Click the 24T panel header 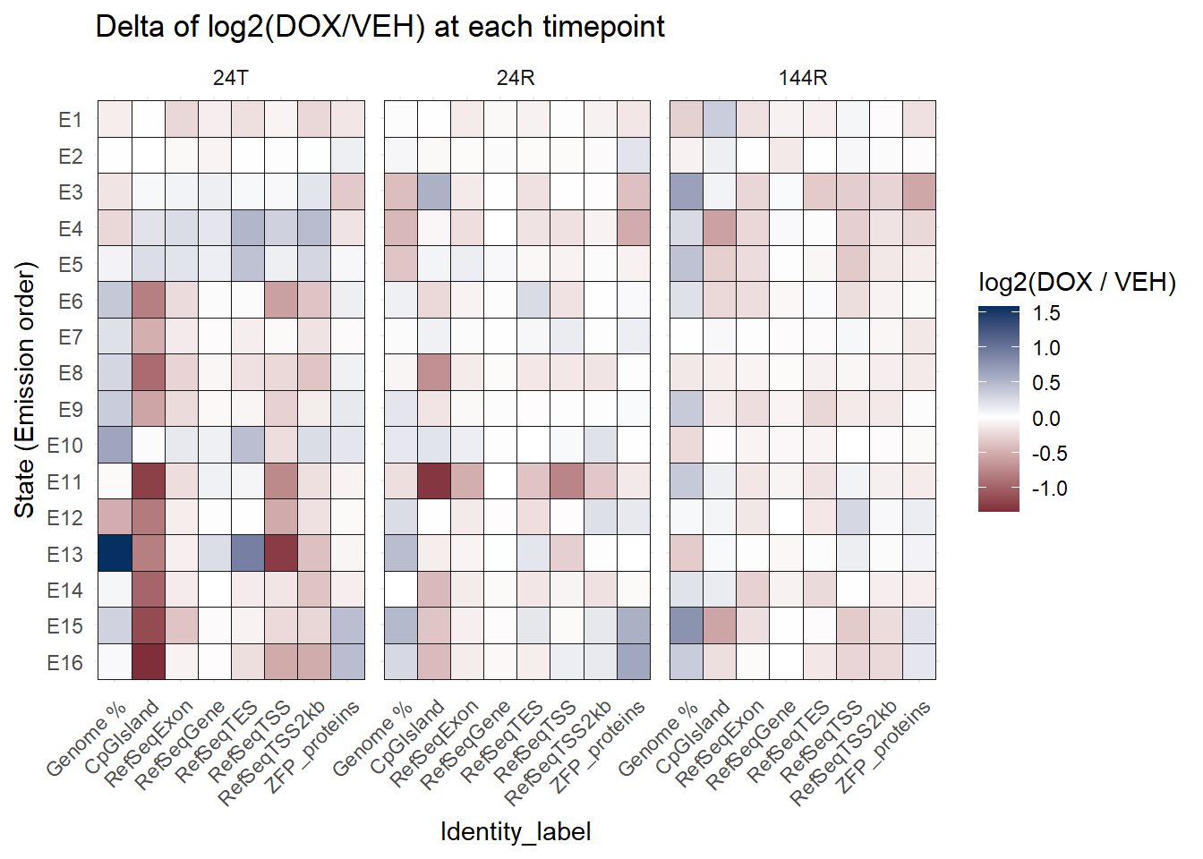(231, 78)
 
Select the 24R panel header (516, 78)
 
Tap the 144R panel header (803, 78)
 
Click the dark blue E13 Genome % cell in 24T (115, 553)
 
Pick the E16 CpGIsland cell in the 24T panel (149, 661)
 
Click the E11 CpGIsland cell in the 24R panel (434, 481)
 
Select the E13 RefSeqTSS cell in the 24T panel (281, 553)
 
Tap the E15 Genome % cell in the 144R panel (687, 625)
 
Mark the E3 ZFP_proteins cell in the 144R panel (919, 191)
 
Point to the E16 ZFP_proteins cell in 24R (634, 661)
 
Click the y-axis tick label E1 (70, 120)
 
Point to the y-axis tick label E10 (64, 446)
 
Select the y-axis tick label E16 (64, 662)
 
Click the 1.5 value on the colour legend (1045, 313)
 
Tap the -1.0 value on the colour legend (1049, 489)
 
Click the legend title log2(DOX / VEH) (1077, 282)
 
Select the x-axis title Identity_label (516, 831)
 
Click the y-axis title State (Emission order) (24, 390)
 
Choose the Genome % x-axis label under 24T (88, 739)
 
